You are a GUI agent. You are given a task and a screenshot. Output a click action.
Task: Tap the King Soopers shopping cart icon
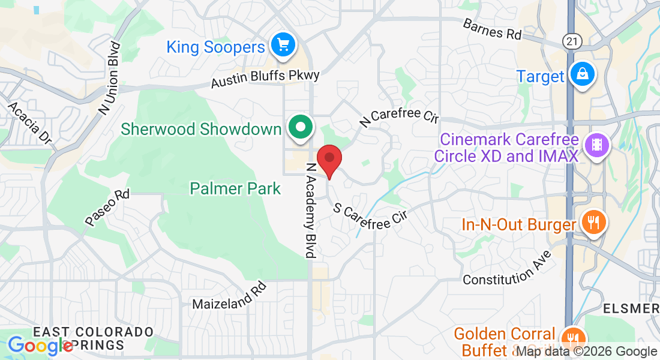click(x=283, y=45)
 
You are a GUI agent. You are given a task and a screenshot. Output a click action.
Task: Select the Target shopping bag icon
click(x=581, y=74)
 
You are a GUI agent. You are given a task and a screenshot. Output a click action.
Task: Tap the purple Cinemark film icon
click(x=596, y=145)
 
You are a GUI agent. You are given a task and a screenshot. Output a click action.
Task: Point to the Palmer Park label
click(x=235, y=188)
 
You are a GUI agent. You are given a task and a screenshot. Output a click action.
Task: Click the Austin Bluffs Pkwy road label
click(x=265, y=79)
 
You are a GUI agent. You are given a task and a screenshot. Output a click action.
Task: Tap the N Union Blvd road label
click(x=110, y=78)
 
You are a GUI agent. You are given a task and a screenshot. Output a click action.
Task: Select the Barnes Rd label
click(x=492, y=29)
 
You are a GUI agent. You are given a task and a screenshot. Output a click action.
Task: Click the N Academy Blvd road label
click(x=311, y=210)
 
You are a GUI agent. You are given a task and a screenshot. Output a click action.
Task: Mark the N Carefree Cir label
click(x=399, y=115)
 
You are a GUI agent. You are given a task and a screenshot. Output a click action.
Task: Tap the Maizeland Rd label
click(x=229, y=296)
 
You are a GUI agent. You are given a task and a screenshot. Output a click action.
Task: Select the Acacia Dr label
click(x=29, y=122)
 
